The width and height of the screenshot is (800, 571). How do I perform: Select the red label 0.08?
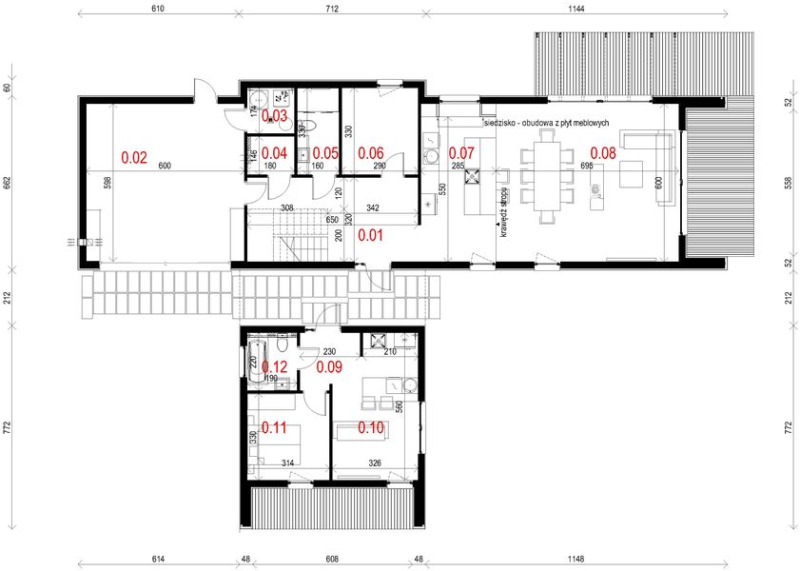(603, 152)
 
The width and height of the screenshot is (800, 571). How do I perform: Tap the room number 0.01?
(371, 233)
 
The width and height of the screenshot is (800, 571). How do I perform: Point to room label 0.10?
(370, 427)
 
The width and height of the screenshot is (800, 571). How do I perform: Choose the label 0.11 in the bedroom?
(274, 427)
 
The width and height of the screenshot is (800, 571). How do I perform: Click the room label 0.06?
(370, 152)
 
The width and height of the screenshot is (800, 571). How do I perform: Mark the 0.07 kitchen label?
(461, 152)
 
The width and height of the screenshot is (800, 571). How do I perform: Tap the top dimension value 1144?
(573, 8)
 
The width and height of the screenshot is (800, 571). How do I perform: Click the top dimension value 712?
(331, 8)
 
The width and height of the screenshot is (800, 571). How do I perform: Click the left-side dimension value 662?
(7, 183)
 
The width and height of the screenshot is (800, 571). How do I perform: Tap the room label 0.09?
(329, 364)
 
